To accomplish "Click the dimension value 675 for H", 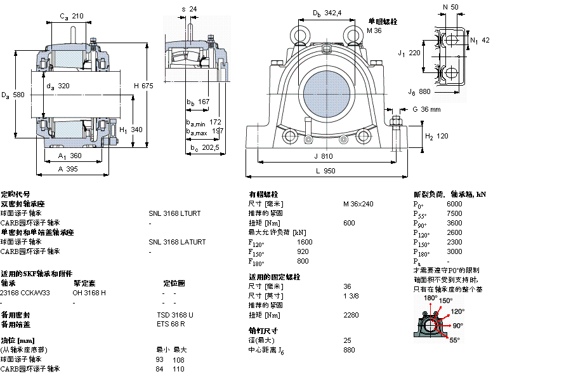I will coord(147,86).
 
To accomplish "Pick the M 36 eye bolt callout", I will coord(374,30).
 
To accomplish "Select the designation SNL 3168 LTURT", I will coord(174,213).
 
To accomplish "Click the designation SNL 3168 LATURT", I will coord(177,242).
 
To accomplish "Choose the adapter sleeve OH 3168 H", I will coord(89,293).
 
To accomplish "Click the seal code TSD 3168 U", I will coord(175,315).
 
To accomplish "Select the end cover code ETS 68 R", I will coord(171,324).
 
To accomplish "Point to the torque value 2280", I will coord(350,315).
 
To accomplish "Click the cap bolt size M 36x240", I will coord(358,204).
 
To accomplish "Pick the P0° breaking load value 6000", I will coord(455,204).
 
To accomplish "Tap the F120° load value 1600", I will coord(305,242).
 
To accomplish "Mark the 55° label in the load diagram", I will coord(455,340).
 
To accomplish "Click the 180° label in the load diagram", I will coord(431,298).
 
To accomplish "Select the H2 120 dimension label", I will coord(436,137).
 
